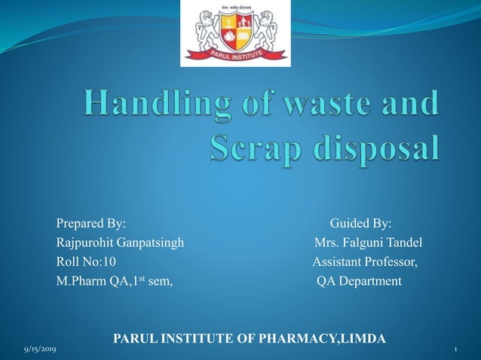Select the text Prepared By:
pyautogui.click(x=91, y=224)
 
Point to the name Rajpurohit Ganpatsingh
pyautogui.click(x=120, y=243)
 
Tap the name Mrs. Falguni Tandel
pyautogui.click(x=368, y=243)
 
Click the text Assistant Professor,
pyautogui.click(x=366, y=262)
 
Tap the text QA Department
pyautogui.click(x=360, y=282)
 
